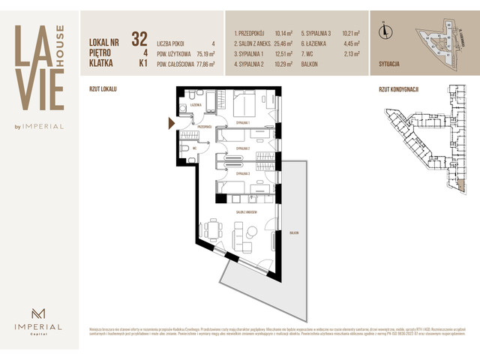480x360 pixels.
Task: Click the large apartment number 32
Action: click(x=139, y=38)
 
